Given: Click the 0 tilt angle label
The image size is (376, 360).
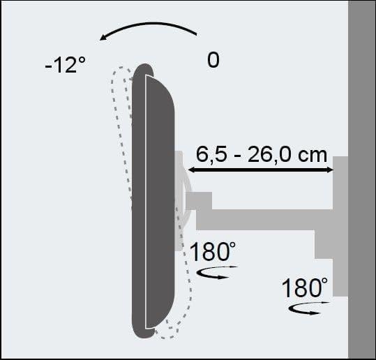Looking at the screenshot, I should point(213,60).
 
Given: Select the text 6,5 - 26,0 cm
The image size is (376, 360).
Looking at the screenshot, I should point(261,153).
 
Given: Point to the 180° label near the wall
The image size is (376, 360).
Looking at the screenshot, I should point(306,287).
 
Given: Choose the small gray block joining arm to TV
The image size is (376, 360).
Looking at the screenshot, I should point(198,200).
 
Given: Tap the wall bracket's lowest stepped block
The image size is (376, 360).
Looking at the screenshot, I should point(340,279).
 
